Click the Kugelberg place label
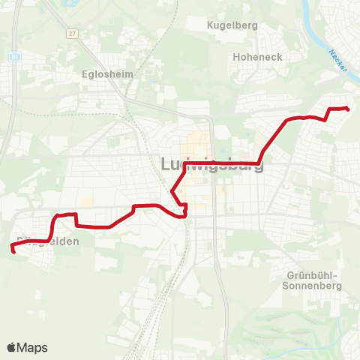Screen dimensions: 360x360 (232, 25)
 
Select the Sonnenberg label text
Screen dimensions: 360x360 (313, 286)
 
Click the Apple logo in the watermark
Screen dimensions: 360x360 (13, 347)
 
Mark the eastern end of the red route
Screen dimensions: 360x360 (348, 109)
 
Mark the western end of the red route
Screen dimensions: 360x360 (13, 250)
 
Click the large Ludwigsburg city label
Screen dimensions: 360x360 (212, 164)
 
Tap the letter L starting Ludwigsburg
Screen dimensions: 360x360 (167, 163)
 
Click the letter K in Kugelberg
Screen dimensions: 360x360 (210, 25)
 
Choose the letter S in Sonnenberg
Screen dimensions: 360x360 (287, 286)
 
